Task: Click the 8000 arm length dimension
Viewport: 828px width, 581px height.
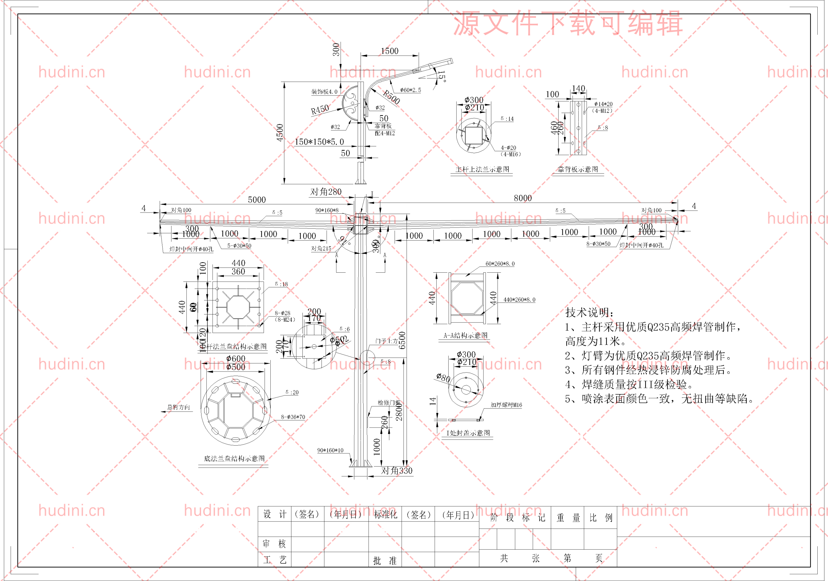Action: pyautogui.click(x=523, y=198)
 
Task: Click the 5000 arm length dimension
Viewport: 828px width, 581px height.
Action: pyautogui.click(x=257, y=200)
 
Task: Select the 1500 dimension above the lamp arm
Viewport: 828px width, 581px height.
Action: pyautogui.click(x=389, y=51)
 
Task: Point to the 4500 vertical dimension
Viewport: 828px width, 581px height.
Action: pyautogui.click(x=280, y=132)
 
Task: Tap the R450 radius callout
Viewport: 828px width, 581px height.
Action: pyautogui.click(x=320, y=109)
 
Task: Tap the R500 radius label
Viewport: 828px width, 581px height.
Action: pyautogui.click(x=391, y=97)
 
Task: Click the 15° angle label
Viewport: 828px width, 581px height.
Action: pyautogui.click(x=442, y=76)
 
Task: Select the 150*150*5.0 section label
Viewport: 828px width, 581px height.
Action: pyautogui.click(x=319, y=142)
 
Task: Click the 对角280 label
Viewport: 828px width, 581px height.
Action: pyautogui.click(x=326, y=192)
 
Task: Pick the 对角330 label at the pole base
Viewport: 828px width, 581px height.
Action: pyautogui.click(x=397, y=471)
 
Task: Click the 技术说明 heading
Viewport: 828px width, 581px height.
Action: pyautogui.click(x=589, y=312)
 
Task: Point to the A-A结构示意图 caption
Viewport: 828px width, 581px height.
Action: pyautogui.click(x=465, y=336)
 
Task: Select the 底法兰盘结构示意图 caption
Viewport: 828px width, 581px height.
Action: pyautogui.click(x=234, y=459)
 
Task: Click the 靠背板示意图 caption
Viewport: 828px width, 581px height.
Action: pyautogui.click(x=578, y=169)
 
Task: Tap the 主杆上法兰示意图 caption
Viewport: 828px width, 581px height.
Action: pyautogui.click(x=482, y=169)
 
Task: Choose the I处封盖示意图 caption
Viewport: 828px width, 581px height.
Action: pyautogui.click(x=468, y=433)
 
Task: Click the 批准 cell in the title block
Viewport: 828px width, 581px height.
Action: pyautogui.click(x=385, y=560)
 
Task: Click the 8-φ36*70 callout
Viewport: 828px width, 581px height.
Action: pyautogui.click(x=293, y=417)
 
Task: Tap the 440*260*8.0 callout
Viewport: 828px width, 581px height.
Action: pyautogui.click(x=519, y=300)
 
